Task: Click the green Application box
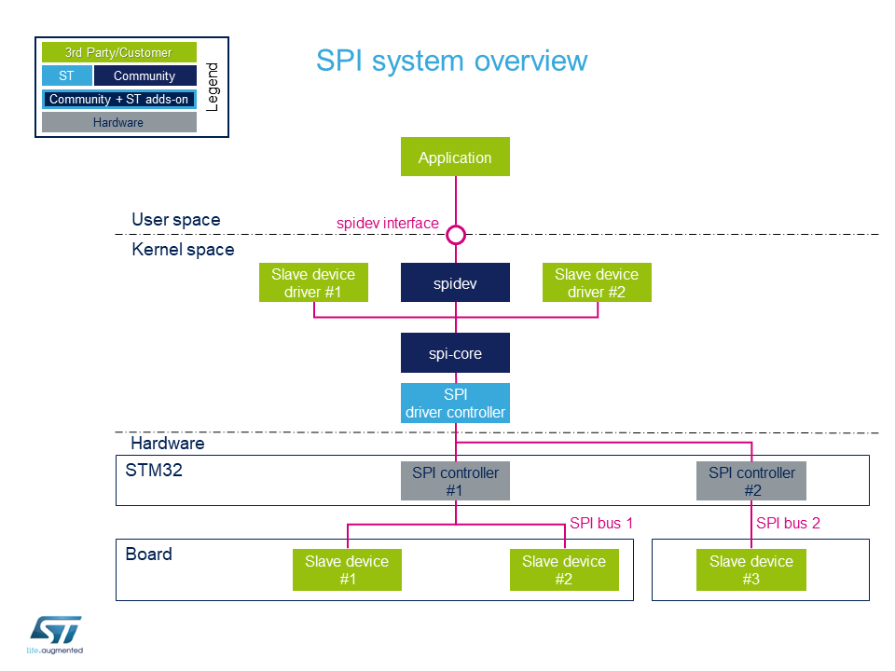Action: pyautogui.click(x=455, y=157)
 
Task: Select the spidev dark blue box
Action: pyautogui.click(x=455, y=281)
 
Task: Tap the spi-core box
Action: pyautogui.click(x=455, y=352)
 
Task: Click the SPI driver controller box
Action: pyautogui.click(x=455, y=403)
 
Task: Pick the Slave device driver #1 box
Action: pyautogui.click(x=313, y=281)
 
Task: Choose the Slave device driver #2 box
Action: pyautogui.click(x=597, y=281)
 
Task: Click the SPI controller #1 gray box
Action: pyautogui.click(x=455, y=481)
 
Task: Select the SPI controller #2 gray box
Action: pyautogui.click(x=751, y=481)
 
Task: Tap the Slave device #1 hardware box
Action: pyautogui.click(x=347, y=569)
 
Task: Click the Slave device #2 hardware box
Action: pyautogui.click(x=564, y=569)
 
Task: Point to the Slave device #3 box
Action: pyautogui.click(x=751, y=569)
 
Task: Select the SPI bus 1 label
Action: pyautogui.click(x=601, y=523)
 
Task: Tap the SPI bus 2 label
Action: pyautogui.click(x=788, y=523)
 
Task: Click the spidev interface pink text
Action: pyautogui.click(x=388, y=223)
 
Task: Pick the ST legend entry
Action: pyautogui.click(x=67, y=75)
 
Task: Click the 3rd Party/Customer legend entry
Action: pyautogui.click(x=118, y=52)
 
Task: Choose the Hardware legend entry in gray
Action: pyautogui.click(x=118, y=122)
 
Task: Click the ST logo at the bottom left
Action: pyautogui.click(x=55, y=635)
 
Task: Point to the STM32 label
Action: pyautogui.click(x=154, y=470)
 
